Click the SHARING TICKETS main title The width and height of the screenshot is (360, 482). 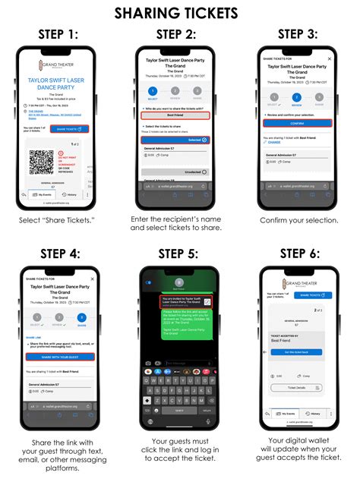(180, 12)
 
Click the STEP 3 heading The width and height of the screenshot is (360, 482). (299, 34)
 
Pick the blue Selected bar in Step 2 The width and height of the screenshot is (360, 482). (180, 140)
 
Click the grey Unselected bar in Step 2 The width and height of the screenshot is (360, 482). (180, 172)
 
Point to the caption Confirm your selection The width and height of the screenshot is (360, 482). (300, 220)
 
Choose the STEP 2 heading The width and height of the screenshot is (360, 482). (179, 34)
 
